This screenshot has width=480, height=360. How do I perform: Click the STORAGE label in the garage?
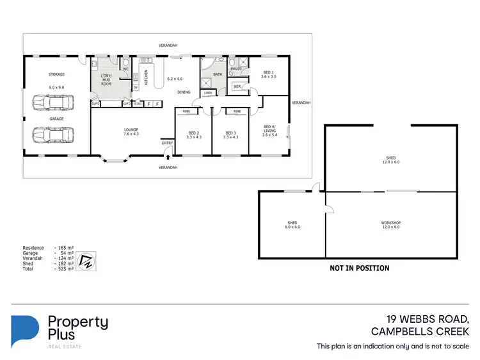57,74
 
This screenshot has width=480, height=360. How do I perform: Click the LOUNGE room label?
131,130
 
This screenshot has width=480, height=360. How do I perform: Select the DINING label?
184,92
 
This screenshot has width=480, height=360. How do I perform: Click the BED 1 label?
269,73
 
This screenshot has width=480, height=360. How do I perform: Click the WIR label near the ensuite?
237,86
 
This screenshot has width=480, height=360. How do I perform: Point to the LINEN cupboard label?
208,93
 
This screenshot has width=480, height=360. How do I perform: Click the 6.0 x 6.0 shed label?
292,225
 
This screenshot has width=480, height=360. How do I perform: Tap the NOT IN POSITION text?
359,268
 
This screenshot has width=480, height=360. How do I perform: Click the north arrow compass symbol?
86,261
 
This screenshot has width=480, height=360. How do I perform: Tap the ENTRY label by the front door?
167,143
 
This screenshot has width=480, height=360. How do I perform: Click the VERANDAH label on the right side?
301,102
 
